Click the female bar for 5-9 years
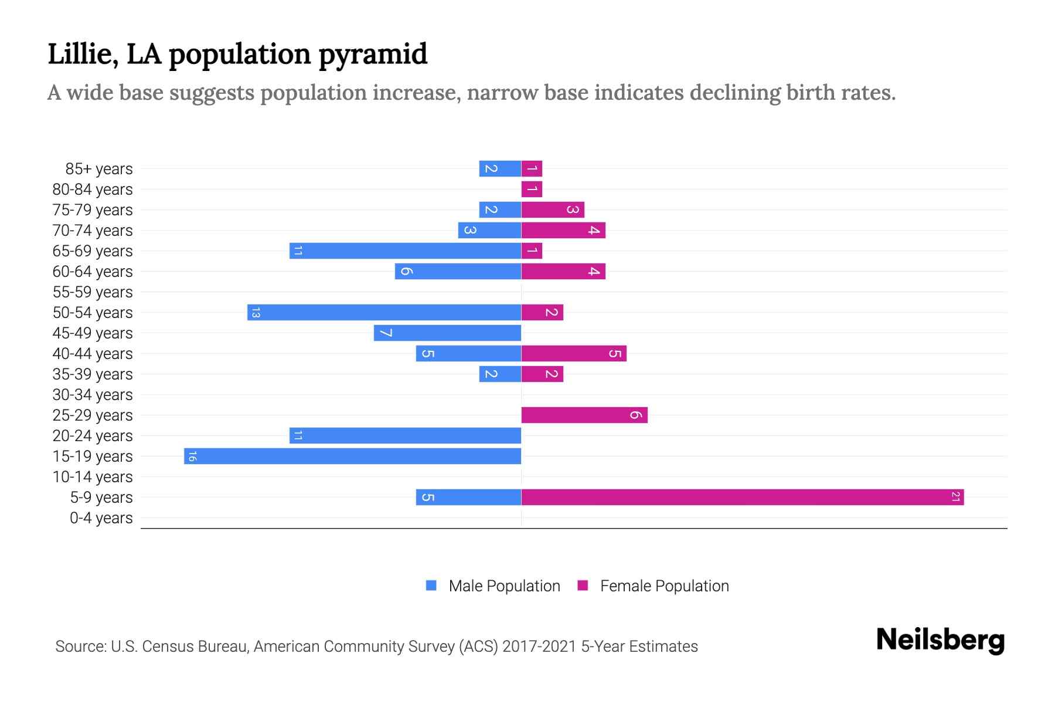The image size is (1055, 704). point(742,497)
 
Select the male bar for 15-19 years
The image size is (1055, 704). point(352,456)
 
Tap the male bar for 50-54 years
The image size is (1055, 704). point(384,312)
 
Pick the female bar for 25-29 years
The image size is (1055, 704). point(584,415)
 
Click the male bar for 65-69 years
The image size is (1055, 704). point(405,251)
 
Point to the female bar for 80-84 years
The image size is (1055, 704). point(532,189)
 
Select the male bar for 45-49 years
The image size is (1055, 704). point(447,333)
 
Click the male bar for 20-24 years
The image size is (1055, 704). point(405,435)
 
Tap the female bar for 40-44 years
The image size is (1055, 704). point(573,353)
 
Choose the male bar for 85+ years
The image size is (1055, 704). point(500,168)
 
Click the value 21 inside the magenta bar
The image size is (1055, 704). point(955,497)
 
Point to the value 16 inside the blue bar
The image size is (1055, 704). point(192,456)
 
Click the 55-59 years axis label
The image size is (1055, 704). point(93,292)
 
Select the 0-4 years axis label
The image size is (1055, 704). point(101,517)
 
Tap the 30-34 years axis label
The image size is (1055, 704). point(93,394)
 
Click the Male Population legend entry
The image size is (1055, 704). point(503,585)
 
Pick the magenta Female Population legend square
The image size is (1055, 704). point(583,585)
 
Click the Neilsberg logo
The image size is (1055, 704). point(940,640)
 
